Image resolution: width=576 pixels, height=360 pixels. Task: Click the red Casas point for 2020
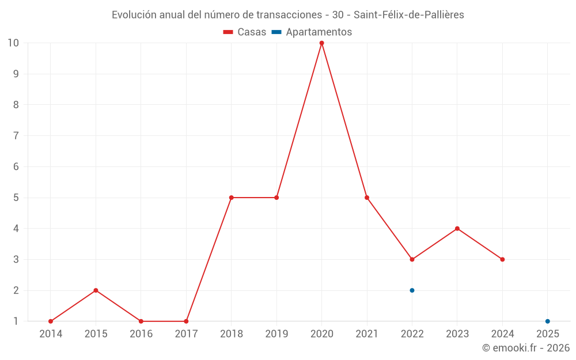[321, 43]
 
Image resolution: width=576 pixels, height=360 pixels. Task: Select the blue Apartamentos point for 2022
[412, 290]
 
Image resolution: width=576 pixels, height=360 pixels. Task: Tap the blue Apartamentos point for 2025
[547, 321]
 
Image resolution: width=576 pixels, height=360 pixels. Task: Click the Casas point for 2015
[96, 290]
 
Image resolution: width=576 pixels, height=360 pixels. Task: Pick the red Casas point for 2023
[457, 229]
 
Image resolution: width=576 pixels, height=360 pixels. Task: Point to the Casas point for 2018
[231, 198]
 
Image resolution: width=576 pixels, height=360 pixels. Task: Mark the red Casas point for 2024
[502, 259]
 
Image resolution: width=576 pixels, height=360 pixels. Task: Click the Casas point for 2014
[51, 321]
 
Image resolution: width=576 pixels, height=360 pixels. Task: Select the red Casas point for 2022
[412, 259]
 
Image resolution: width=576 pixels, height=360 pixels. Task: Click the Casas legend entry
[245, 32]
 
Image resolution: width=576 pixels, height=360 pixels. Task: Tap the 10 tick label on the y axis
[13, 43]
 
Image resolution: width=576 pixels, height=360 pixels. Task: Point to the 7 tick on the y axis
[16, 136]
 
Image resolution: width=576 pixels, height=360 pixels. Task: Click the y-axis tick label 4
[16, 229]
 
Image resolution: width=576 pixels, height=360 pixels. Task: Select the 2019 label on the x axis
[276, 334]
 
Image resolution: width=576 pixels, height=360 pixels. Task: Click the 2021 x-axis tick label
[367, 334]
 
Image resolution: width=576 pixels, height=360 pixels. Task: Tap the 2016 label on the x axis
[141, 334]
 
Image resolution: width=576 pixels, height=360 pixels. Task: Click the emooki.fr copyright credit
[526, 348]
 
